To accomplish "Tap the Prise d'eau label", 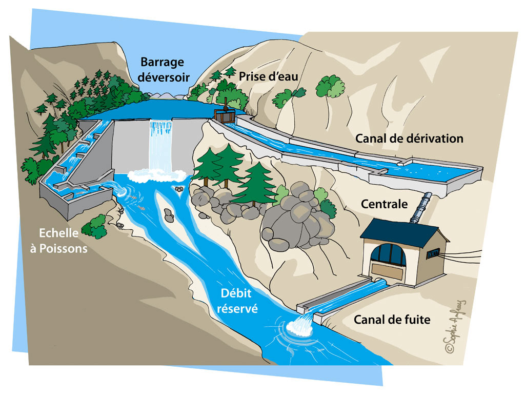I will point(268,76).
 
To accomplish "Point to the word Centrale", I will point(384,204).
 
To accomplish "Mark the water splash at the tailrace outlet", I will point(301,326).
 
